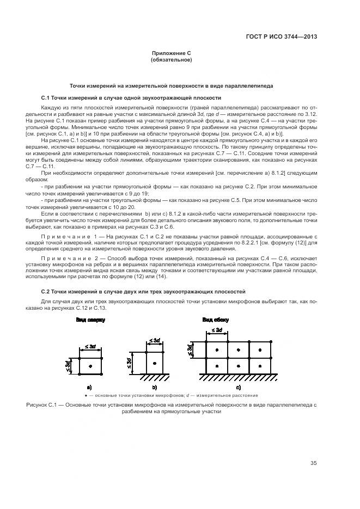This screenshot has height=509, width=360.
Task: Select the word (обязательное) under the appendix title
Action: coord(171,60)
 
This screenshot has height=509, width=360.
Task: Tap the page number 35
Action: coord(314,463)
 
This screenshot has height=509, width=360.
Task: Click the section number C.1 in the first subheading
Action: coord(45,98)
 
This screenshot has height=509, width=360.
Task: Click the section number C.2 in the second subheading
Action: coord(45,292)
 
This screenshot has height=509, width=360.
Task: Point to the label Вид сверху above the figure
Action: coord(90,320)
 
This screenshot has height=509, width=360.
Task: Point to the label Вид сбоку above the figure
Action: coord(216,320)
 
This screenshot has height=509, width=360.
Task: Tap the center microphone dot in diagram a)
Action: coord(90,366)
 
